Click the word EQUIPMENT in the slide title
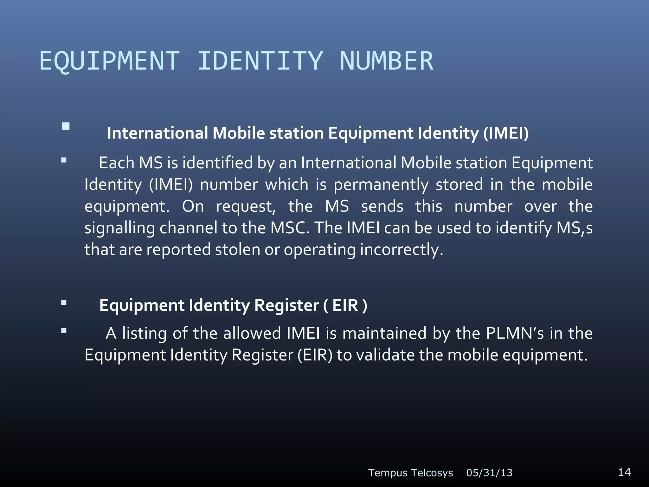tap(109, 61)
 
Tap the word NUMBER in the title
tap(386, 61)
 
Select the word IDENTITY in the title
tap(260, 61)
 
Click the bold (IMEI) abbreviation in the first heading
tap(506, 133)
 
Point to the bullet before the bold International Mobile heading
tap(66, 127)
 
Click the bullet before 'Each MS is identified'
tap(64, 160)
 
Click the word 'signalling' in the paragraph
tap(119, 228)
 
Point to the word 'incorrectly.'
tap(401, 250)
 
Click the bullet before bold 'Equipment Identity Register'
tap(64, 303)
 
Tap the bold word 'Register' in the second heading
tap(286, 305)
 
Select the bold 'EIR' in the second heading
tap(345, 305)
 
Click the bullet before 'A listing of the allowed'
tap(64, 331)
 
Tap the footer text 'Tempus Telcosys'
tap(410, 473)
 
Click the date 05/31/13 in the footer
tap(489, 473)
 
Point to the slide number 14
tap(624, 472)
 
